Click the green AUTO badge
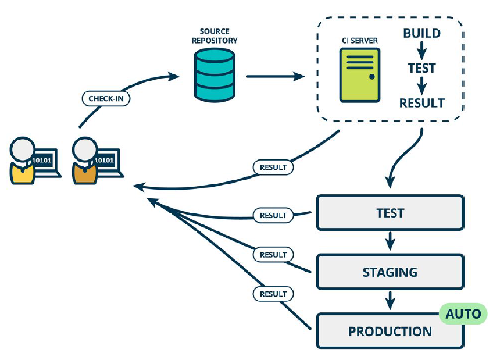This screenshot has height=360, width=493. pyautogui.click(x=463, y=314)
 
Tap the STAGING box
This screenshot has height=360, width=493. pyautogui.click(x=390, y=272)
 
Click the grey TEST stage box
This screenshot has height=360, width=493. pyautogui.click(x=390, y=212)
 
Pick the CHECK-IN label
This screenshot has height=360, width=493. pyautogui.click(x=106, y=98)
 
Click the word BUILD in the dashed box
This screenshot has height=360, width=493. pyautogui.click(x=421, y=33)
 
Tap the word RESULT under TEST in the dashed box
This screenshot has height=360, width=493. pyautogui.click(x=421, y=103)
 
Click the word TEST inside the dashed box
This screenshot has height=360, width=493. pyautogui.click(x=421, y=68)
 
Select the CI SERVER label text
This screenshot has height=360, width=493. pyautogui.click(x=360, y=41)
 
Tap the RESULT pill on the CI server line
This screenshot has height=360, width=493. pyautogui.click(x=273, y=167)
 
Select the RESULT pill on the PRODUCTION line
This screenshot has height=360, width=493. pyautogui.click(x=273, y=294)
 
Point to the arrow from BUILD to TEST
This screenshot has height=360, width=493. pyautogui.click(x=421, y=51)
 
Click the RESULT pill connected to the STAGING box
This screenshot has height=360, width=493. pyautogui.click(x=273, y=255)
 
